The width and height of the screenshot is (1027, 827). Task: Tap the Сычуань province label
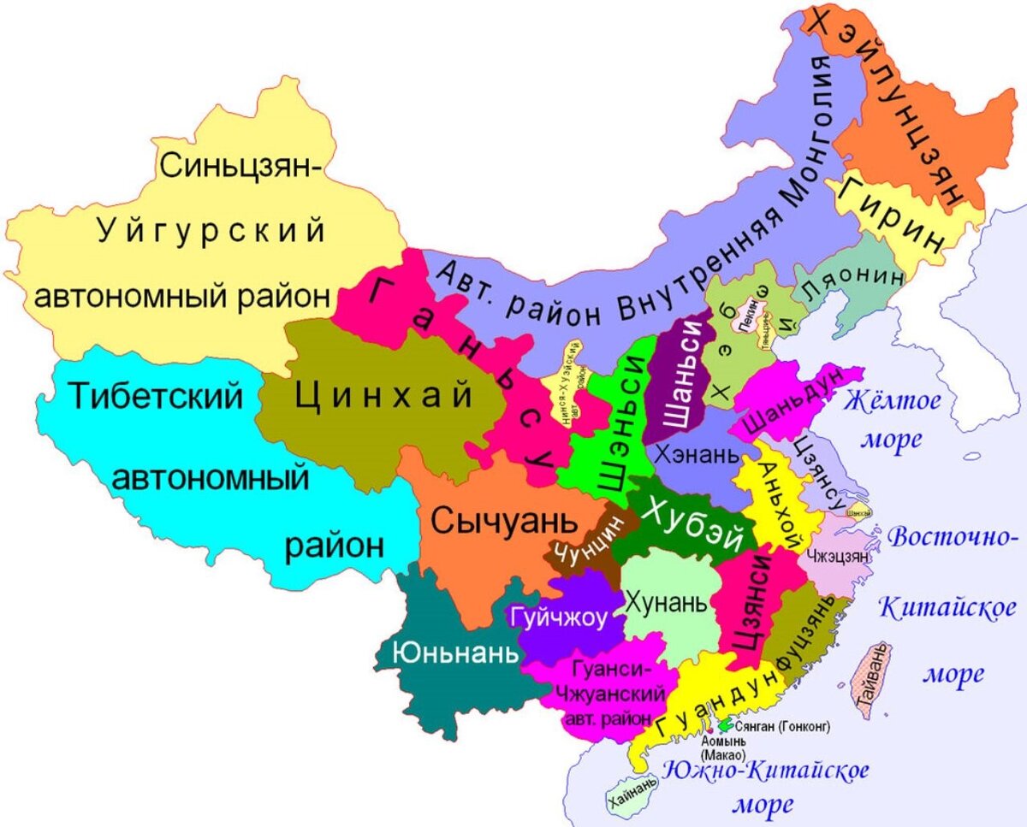click(499, 519)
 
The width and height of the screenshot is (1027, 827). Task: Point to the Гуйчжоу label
click(559, 617)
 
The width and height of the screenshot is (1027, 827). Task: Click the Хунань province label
click(668, 602)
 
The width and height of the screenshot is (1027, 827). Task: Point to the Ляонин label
click(864, 280)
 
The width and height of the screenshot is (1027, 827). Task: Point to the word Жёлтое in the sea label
click(893, 400)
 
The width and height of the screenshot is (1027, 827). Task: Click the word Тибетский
click(155, 396)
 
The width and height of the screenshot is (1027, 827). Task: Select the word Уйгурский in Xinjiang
click(211, 231)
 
